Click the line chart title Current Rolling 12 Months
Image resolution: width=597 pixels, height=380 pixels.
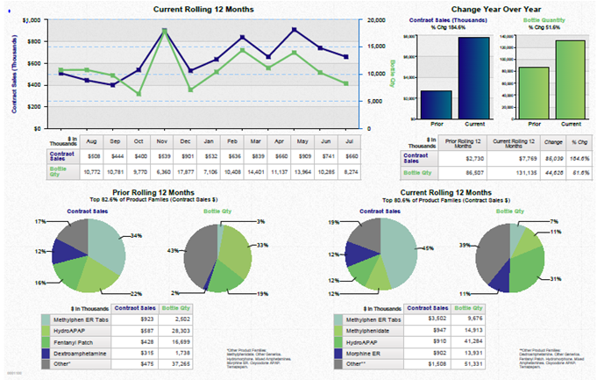point(203,9)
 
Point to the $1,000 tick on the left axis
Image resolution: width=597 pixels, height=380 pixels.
point(31,19)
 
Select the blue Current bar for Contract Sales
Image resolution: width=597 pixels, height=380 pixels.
point(473,76)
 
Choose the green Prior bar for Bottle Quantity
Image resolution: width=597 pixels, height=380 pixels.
point(533,91)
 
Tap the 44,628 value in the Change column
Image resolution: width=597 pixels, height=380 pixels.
point(553,172)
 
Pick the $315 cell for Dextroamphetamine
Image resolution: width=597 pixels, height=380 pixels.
point(145,350)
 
